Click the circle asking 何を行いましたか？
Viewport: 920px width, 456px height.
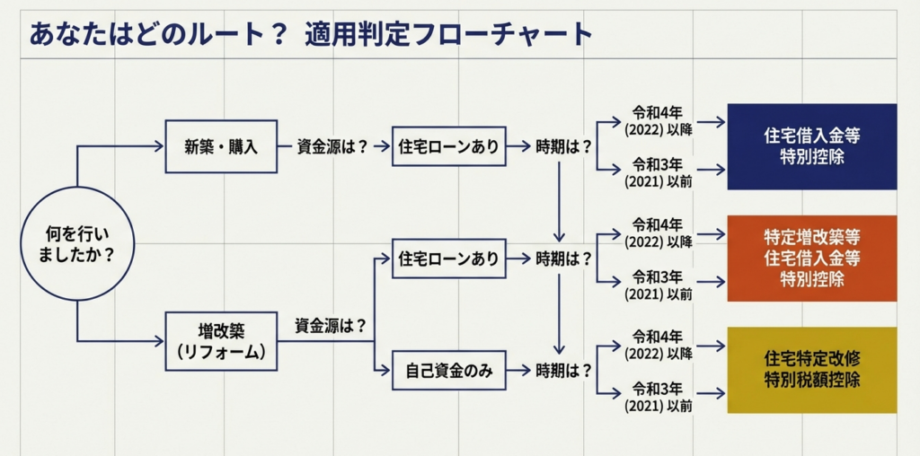click(77, 243)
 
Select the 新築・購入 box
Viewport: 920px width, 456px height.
click(221, 146)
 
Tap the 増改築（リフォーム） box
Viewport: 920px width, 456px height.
click(221, 340)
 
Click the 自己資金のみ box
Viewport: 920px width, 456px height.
click(448, 370)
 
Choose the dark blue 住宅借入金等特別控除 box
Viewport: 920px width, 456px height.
click(811, 146)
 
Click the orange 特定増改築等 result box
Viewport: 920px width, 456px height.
click(811, 258)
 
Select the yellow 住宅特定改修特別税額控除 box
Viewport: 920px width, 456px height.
click(811, 369)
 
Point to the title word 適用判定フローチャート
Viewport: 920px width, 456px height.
click(448, 34)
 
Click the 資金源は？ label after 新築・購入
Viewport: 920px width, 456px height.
click(333, 146)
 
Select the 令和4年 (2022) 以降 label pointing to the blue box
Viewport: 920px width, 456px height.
click(659, 121)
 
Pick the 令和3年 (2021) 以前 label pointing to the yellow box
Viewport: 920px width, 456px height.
click(659, 397)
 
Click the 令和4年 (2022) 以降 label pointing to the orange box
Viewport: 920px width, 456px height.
click(659, 233)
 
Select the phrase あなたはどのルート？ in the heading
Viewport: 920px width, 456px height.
click(158, 34)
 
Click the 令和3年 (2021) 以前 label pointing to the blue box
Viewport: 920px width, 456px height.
click(659, 172)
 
